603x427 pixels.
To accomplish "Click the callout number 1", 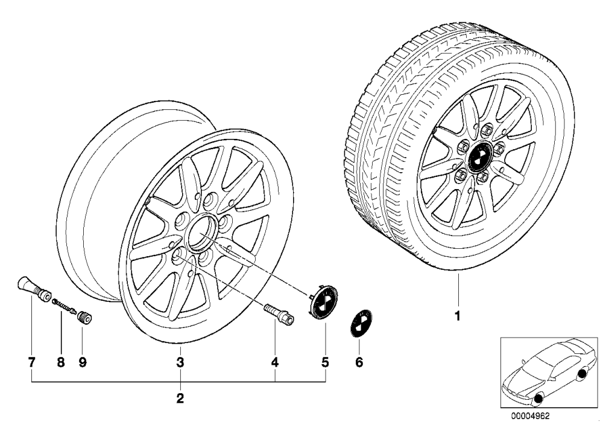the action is coord(457,316).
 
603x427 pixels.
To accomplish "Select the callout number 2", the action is coord(180,398).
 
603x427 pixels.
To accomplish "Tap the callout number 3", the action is coord(180,362).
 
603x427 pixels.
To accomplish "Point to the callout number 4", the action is coord(274,362).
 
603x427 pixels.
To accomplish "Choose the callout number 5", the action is coord(326,362).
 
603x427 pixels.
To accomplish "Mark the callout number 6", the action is coord(359,362).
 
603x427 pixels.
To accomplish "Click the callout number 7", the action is coord(31,362).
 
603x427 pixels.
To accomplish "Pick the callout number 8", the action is coord(61,362).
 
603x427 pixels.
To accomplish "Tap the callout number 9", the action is coord(83,362).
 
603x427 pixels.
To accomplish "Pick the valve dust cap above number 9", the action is coord(84,319).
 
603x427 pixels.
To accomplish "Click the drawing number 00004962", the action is coord(530,416).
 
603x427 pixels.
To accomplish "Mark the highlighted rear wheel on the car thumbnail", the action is coord(583,374).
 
